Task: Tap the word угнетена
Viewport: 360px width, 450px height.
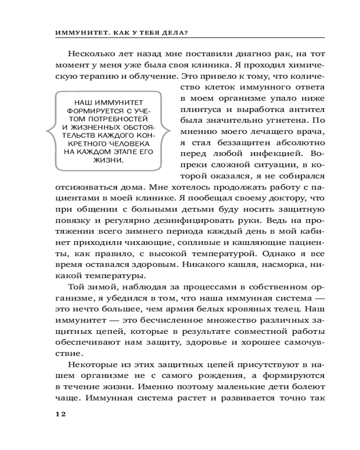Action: (277, 120)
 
